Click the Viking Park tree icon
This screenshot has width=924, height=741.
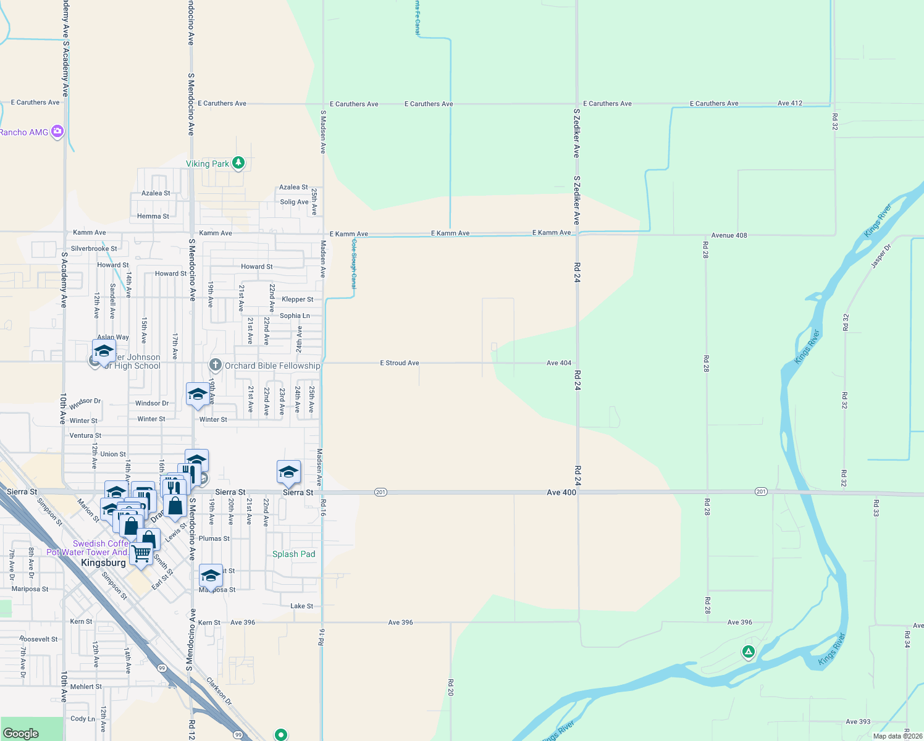[238, 163]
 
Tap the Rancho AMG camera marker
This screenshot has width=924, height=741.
[57, 131]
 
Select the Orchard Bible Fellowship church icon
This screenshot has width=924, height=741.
[215, 365]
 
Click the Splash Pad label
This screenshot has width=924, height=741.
[294, 554]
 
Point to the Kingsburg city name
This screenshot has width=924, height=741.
[103, 563]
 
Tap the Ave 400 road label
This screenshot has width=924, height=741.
[561, 492]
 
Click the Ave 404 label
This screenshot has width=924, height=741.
[558, 363]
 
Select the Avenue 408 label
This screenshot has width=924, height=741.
[729, 235]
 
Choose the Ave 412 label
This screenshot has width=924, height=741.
[789, 103]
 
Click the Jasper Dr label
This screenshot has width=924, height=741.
[881, 256]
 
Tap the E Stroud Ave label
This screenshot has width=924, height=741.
[399, 363]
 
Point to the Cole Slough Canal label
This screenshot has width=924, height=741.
[354, 264]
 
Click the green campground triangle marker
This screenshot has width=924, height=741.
[748, 651]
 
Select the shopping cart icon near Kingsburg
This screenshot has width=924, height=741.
[141, 553]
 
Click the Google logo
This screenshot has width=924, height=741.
[20, 733]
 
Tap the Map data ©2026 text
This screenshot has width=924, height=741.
[897, 736]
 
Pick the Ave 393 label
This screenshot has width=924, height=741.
[858, 721]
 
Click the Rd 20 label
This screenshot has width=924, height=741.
[450, 687]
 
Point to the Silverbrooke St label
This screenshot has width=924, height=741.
[94, 249]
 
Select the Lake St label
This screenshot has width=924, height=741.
[301, 606]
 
